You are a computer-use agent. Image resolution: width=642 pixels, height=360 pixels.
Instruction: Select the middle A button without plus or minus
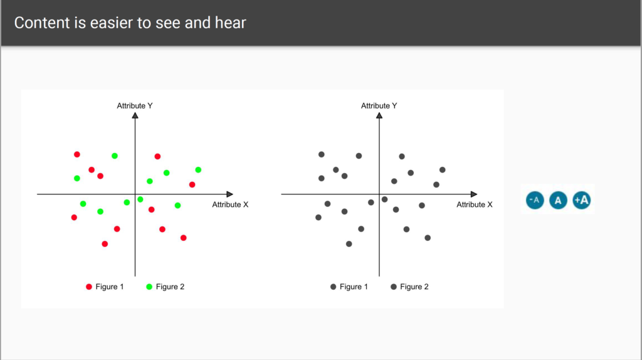point(558,200)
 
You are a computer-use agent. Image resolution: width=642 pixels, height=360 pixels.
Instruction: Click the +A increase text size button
point(581,200)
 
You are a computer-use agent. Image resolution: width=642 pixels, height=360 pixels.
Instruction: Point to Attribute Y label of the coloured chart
point(135,105)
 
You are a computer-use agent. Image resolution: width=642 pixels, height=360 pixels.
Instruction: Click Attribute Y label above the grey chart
point(379,105)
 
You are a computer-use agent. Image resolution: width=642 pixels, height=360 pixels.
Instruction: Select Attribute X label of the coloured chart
point(230,204)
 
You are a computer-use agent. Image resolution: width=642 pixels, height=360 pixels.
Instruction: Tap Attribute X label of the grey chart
point(475,204)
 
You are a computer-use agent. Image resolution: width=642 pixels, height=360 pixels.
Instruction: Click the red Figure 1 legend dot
point(89,287)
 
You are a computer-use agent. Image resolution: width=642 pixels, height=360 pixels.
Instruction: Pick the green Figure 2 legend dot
point(149,287)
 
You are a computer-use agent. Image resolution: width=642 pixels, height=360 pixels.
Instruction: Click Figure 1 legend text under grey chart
point(354,287)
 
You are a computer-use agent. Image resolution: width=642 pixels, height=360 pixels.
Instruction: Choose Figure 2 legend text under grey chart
point(414,287)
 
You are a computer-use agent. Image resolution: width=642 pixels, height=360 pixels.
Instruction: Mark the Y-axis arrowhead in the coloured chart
point(135,115)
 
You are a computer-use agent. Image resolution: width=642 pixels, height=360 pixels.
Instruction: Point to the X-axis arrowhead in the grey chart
point(474,194)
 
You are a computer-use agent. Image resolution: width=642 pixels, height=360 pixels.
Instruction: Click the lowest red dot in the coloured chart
point(105,244)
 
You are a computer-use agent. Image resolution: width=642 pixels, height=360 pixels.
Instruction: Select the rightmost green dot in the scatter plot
point(198,169)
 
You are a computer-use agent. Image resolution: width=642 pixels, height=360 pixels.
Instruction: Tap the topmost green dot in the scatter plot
point(115,156)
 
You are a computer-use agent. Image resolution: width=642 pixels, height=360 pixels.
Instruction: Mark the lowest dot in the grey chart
point(349,244)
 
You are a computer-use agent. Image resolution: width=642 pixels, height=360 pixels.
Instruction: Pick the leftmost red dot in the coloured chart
point(74,218)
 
